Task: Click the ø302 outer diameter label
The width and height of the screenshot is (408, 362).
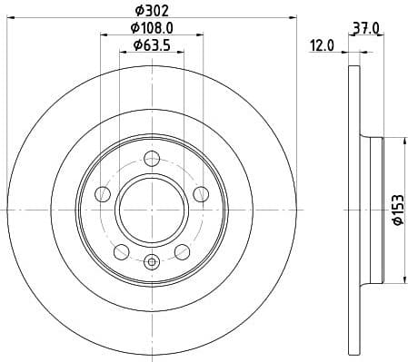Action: click(151, 10)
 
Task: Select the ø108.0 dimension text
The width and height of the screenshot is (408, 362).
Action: click(152, 28)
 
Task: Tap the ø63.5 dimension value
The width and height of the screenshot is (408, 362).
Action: click(151, 44)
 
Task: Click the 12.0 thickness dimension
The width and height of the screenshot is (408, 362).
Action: click(323, 44)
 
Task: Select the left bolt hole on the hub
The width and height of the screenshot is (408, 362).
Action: click(104, 193)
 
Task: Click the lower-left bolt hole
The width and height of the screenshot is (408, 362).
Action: click(122, 250)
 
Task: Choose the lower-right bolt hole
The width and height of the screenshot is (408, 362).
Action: click(182, 250)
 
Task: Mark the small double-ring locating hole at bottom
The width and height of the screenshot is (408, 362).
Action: click(152, 263)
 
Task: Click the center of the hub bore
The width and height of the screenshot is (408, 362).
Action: click(152, 208)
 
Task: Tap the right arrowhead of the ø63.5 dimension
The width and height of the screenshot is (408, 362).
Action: click(181, 51)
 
